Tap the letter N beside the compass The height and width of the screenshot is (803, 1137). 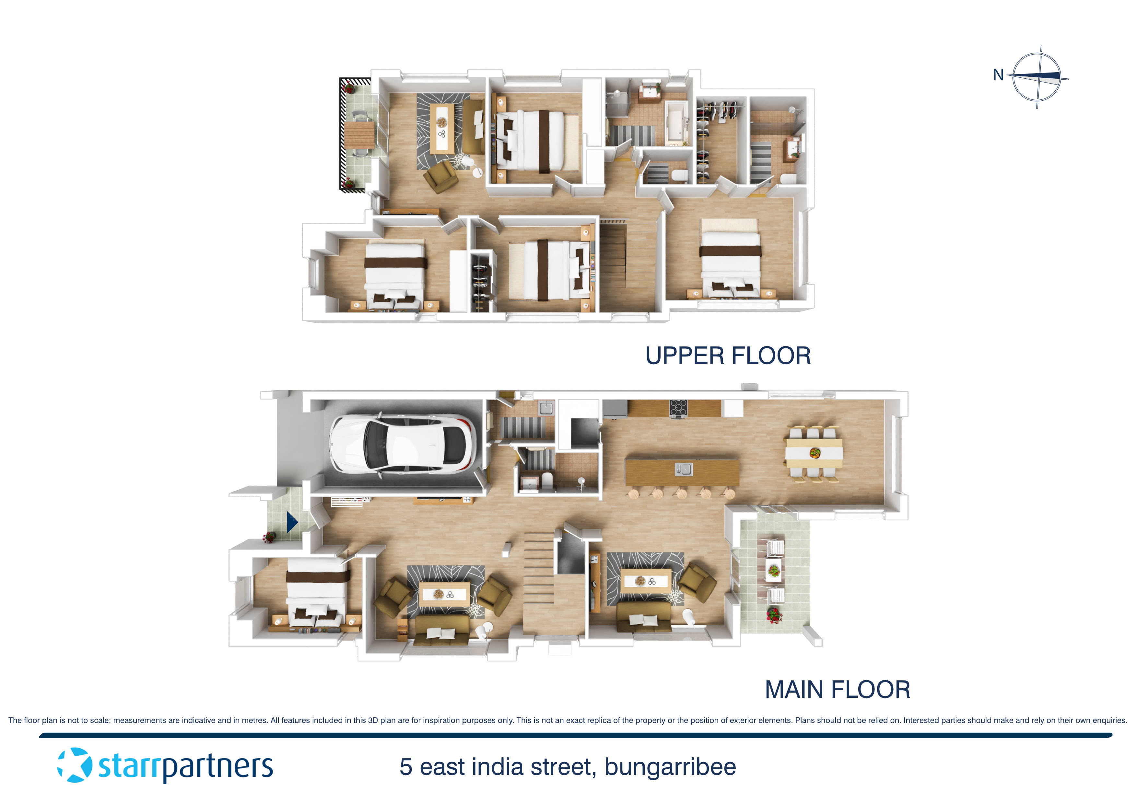click(x=998, y=75)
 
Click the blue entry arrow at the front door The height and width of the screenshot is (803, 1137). click(x=292, y=522)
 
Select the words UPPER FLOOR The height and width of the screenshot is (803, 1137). click(x=728, y=356)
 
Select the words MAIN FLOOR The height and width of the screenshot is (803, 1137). click(x=838, y=689)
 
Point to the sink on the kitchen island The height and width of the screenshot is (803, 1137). click(x=683, y=469)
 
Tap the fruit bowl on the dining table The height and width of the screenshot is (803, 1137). click(x=815, y=452)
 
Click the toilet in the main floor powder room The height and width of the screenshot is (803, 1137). click(x=547, y=480)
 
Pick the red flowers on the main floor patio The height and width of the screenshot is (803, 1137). click(x=774, y=615)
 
